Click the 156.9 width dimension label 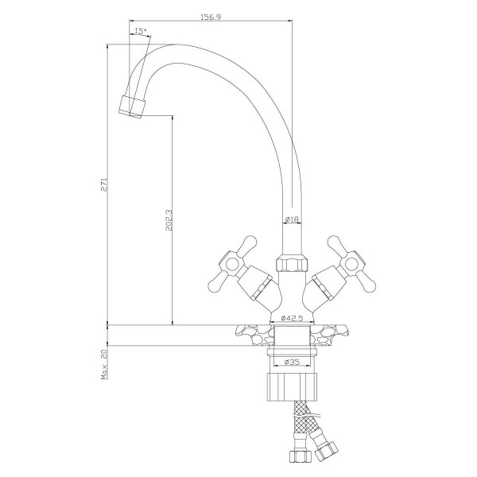(211, 17)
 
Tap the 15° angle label (141, 31)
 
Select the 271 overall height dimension (104, 184)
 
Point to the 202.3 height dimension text (169, 219)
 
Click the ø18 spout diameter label (293, 219)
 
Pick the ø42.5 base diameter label (292, 318)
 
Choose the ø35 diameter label (292, 362)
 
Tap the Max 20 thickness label (104, 364)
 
